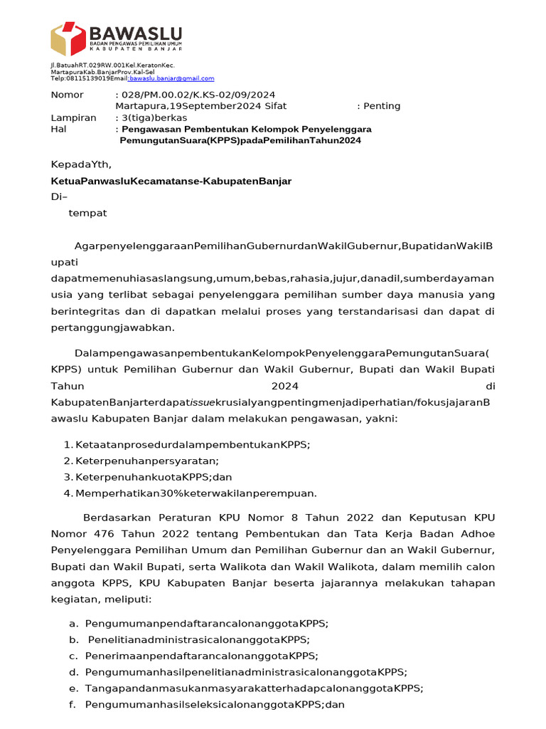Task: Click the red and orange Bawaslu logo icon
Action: (x=68, y=38)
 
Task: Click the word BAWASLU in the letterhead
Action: (x=135, y=33)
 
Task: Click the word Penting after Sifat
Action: (x=382, y=106)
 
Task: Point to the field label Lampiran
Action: (x=73, y=117)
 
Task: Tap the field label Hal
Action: (x=58, y=129)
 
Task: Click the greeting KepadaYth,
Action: (x=81, y=165)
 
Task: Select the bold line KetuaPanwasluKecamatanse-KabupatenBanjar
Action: (x=171, y=181)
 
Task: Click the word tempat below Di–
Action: (x=87, y=213)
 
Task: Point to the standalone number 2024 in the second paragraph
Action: (x=286, y=386)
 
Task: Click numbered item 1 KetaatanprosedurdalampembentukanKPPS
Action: (x=192, y=445)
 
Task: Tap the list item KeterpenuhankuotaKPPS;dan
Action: (x=154, y=476)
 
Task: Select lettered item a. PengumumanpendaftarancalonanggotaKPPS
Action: (x=206, y=623)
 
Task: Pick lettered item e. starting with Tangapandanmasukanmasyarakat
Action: (x=253, y=688)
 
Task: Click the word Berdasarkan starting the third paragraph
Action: (x=113, y=518)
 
